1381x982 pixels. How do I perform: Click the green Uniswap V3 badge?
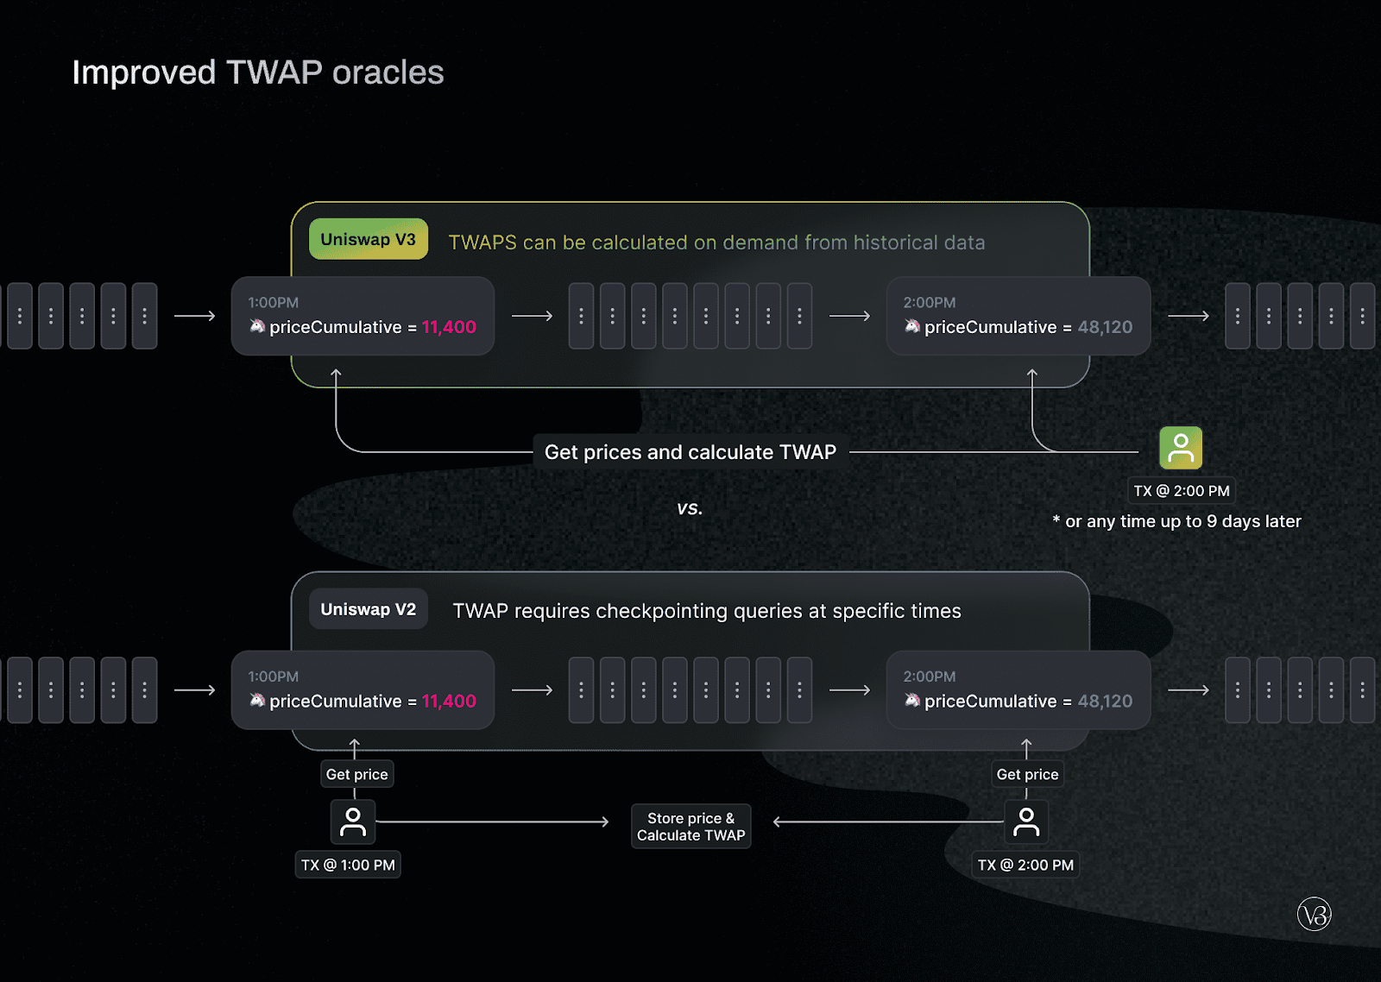click(368, 239)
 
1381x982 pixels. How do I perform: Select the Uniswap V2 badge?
click(368, 609)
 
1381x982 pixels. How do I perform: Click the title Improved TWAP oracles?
click(258, 72)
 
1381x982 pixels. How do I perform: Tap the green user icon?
click(1180, 448)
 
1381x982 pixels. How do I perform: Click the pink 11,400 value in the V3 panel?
click(449, 327)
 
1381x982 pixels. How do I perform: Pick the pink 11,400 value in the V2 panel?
click(449, 701)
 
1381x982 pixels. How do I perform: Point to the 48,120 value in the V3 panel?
click(1105, 327)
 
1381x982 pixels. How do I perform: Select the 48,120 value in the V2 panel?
click(1105, 701)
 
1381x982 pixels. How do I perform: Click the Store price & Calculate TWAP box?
click(690, 826)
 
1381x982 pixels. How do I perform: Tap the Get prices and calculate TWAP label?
click(690, 452)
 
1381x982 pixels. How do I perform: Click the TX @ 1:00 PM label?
click(348, 865)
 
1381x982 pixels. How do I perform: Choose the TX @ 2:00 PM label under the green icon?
click(1182, 491)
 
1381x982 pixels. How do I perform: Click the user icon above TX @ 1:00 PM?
click(353, 821)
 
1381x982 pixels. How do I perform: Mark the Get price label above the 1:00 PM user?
click(357, 774)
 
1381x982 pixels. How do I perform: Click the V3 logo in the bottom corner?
click(1314, 914)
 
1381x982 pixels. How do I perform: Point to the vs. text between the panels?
click(690, 508)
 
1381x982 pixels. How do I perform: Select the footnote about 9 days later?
click(1176, 521)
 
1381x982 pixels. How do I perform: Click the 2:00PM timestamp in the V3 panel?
click(929, 303)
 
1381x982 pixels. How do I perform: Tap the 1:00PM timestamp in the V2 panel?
click(273, 677)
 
